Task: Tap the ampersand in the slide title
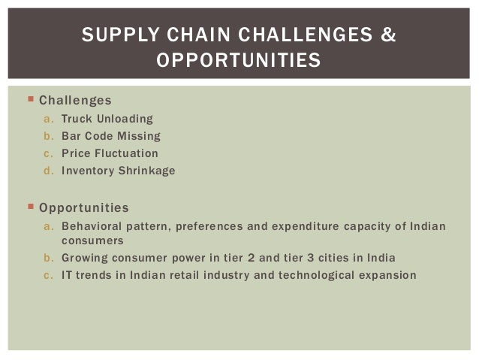tap(388, 35)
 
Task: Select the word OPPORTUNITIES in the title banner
tap(238, 59)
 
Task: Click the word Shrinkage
tap(146, 171)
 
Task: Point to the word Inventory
tap(88, 171)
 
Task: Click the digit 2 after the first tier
tap(229, 258)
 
